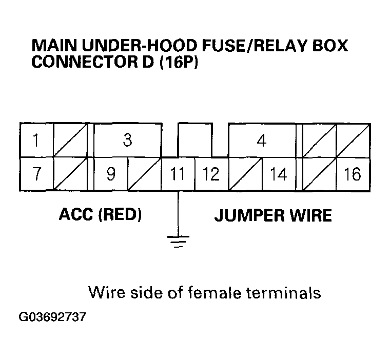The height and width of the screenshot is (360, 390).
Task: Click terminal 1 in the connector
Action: pyautogui.click(x=36, y=140)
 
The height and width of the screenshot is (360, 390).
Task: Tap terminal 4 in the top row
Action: pyautogui.click(x=262, y=140)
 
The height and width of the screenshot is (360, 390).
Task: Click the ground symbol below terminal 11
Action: pyautogui.click(x=178, y=240)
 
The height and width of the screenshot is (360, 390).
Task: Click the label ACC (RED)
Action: pyautogui.click(x=101, y=215)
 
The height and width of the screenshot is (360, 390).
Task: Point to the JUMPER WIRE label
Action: pyautogui.click(x=272, y=215)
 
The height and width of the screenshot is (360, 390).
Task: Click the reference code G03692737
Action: pyautogui.click(x=52, y=317)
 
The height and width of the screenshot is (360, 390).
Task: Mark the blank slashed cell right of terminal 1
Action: pyautogui.click(x=70, y=140)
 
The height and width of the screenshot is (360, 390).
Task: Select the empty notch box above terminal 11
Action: pyautogui.click(x=194, y=139)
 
